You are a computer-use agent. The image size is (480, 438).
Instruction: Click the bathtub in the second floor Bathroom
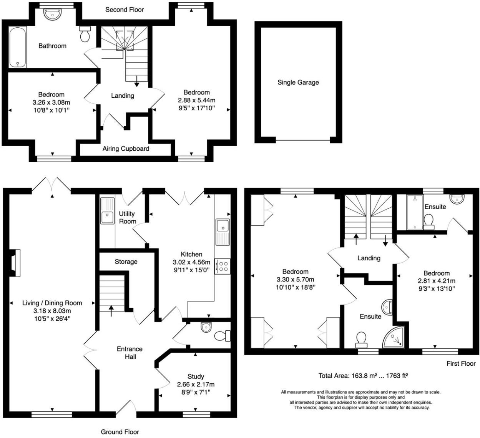(18, 48)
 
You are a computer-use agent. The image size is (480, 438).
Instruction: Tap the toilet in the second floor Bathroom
(85, 35)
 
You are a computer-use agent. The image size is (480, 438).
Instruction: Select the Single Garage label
(298, 82)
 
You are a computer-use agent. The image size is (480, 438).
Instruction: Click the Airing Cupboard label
(126, 149)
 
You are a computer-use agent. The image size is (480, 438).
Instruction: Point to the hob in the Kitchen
(223, 266)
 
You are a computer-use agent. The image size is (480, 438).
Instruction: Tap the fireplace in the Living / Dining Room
(15, 263)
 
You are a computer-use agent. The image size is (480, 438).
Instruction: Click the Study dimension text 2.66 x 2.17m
(196, 385)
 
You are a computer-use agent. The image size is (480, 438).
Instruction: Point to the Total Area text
(363, 376)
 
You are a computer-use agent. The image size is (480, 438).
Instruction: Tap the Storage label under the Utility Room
(126, 262)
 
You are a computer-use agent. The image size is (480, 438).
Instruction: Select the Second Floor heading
(125, 10)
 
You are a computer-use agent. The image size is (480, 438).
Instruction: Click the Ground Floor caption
(120, 432)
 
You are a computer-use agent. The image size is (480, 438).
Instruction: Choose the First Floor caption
(461, 363)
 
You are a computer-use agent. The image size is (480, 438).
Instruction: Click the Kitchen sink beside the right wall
(223, 232)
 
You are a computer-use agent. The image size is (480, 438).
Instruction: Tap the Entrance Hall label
(130, 353)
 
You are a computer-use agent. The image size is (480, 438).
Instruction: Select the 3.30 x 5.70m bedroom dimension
(295, 280)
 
